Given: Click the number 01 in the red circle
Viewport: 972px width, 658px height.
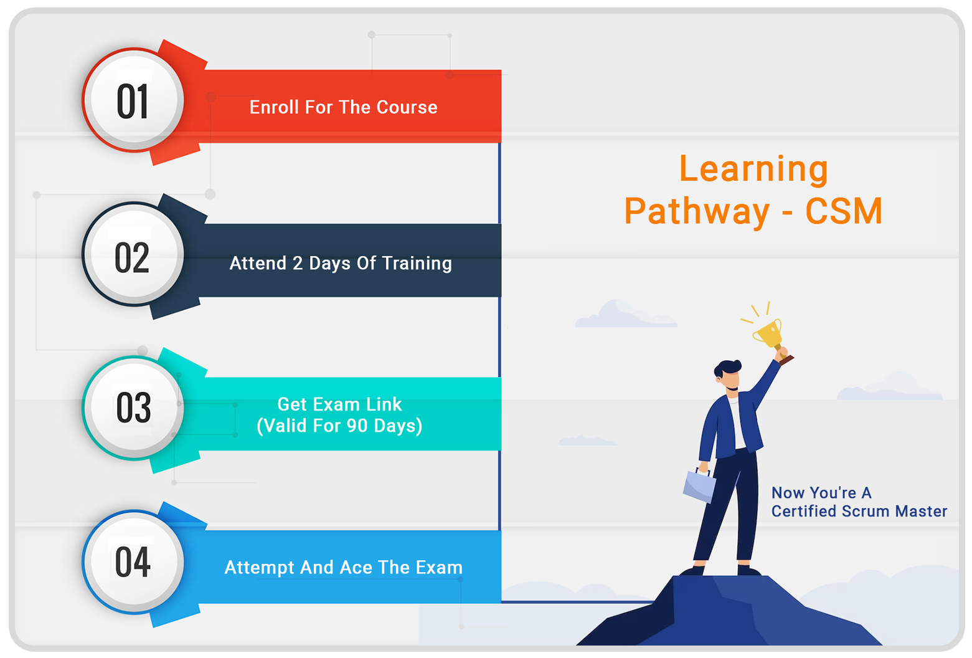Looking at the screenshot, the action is coord(133,101).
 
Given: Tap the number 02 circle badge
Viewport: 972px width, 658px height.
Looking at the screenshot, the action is coord(133,254).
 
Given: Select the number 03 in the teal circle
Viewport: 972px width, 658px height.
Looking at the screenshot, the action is coord(134,408).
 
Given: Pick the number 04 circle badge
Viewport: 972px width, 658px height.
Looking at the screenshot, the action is coord(133,562).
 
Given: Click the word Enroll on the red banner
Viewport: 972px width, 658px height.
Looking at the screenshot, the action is coord(274,107).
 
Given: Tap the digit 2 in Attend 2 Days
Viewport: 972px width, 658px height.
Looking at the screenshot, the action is coord(298,263).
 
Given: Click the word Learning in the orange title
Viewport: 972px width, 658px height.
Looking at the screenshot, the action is coord(754,169).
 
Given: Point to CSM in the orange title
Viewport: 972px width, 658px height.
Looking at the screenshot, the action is coord(844,211).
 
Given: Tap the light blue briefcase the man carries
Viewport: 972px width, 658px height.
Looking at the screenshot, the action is coord(699,485).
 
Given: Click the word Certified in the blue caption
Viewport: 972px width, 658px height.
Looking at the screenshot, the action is coord(804,511).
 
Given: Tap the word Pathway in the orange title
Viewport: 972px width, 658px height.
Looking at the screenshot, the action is coord(697,212).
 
